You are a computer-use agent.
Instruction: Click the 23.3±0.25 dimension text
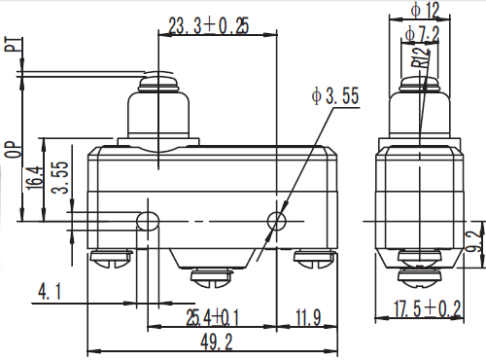pyautogui.click(x=209, y=26)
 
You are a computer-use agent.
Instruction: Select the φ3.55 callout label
pyautogui.click(x=335, y=95)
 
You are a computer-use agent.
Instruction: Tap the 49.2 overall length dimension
pyautogui.click(x=217, y=342)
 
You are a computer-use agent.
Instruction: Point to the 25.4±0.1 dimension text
pyautogui.click(x=213, y=317)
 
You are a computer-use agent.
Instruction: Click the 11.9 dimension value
pyautogui.click(x=308, y=317)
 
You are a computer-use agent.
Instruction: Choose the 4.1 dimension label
pyautogui.click(x=50, y=291)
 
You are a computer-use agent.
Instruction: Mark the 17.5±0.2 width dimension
pyautogui.click(x=427, y=308)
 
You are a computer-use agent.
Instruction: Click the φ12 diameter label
pyautogui.click(x=425, y=10)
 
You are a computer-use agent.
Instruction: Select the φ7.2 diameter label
pyautogui.click(x=422, y=34)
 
